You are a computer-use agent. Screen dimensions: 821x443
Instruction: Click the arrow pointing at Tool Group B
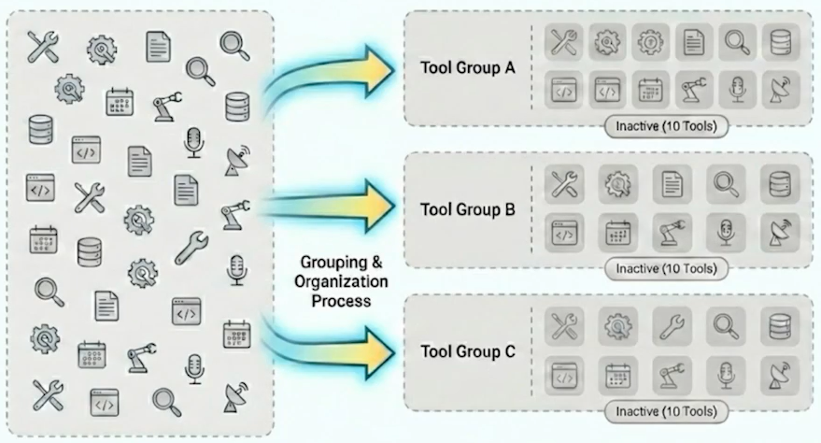(327, 202)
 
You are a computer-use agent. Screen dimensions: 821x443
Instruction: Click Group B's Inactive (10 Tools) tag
(666, 268)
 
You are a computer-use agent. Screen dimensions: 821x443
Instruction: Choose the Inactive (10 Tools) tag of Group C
(665, 410)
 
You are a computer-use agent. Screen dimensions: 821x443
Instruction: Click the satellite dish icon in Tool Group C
(779, 374)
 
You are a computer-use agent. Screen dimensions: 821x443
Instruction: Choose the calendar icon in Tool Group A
(649, 90)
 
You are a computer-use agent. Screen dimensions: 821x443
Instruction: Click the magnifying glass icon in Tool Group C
(725, 326)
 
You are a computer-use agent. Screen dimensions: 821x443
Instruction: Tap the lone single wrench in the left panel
(191, 246)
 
